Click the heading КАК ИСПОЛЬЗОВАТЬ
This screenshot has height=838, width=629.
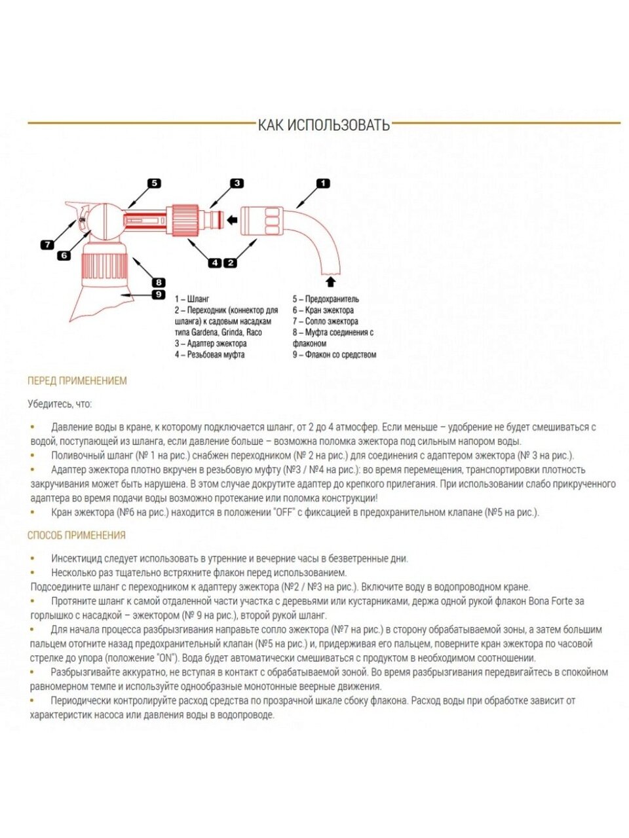tap(324, 124)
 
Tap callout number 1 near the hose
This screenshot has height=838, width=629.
tap(323, 184)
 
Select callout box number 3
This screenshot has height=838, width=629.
tap(236, 184)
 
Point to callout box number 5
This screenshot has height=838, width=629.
tap(153, 184)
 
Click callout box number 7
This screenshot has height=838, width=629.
tap(47, 245)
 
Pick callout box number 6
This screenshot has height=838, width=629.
tap(64, 255)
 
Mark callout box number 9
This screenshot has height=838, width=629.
tap(159, 295)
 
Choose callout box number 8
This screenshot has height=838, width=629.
tap(159, 283)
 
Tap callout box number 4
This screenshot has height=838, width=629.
tap(215, 263)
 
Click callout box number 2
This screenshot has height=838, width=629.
tap(230, 263)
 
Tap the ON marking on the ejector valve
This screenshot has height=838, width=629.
tap(83, 220)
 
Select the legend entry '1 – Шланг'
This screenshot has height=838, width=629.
tap(192, 299)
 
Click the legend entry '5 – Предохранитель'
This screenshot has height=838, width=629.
tap(326, 299)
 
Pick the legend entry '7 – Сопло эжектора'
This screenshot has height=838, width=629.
tap(325, 321)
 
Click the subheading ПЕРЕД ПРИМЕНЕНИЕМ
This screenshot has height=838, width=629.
tap(77, 381)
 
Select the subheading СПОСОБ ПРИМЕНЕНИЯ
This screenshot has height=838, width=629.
tap(77, 536)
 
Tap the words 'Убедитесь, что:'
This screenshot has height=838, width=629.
tap(60, 404)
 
